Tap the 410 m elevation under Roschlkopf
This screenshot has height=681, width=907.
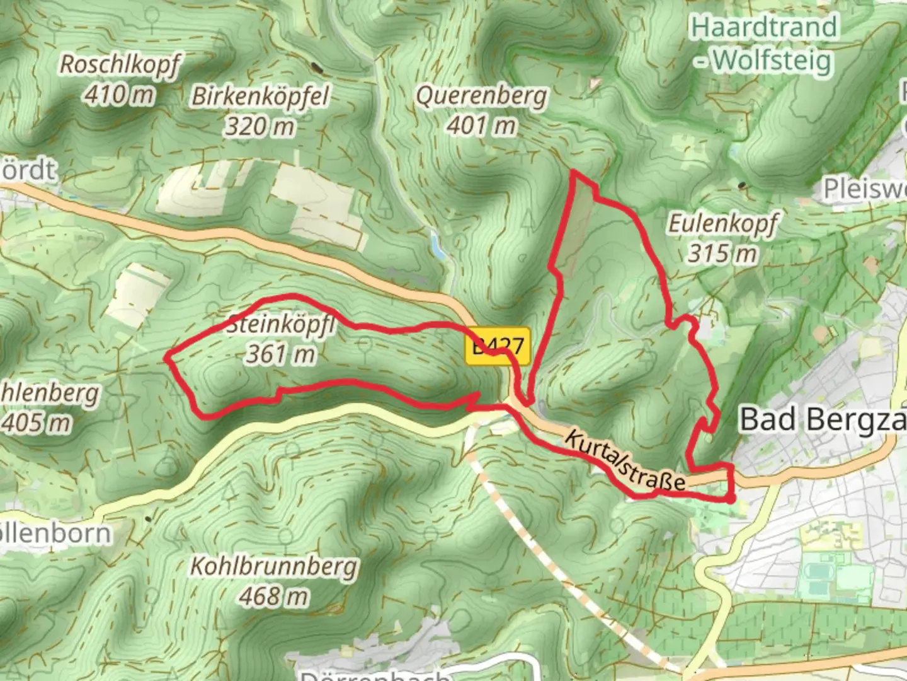(x=120, y=95)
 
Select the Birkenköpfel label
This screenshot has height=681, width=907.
(x=260, y=96)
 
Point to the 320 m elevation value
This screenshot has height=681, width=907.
(x=260, y=127)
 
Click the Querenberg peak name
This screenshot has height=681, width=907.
(x=482, y=96)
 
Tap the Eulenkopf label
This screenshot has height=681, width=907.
(x=722, y=224)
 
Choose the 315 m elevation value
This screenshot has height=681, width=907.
(x=722, y=253)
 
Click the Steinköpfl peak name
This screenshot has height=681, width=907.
(x=281, y=325)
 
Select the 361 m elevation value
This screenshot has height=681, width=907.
(x=281, y=354)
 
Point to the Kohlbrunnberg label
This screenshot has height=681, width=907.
(x=274, y=566)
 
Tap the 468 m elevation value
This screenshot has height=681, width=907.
(x=274, y=596)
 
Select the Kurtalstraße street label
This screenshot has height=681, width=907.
(x=624, y=461)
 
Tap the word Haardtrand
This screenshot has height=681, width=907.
(x=764, y=28)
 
